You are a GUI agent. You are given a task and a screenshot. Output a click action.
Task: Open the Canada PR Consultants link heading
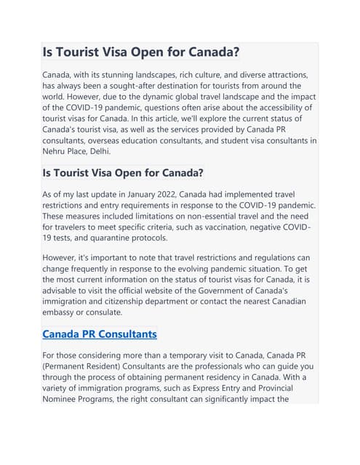[x=100, y=334]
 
